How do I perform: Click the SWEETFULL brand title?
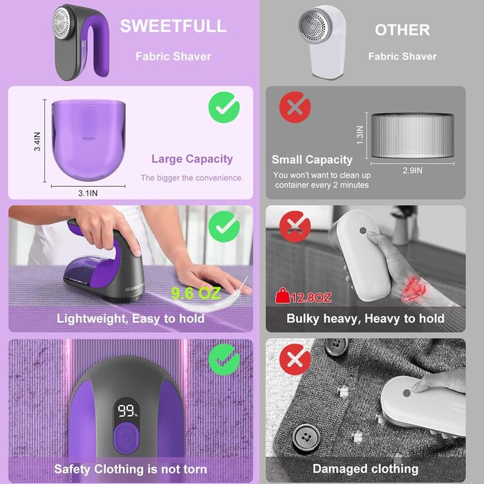pyautogui.click(x=173, y=26)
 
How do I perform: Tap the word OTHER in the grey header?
pyautogui.click(x=402, y=30)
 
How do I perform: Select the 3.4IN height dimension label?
pyautogui.click(x=37, y=141)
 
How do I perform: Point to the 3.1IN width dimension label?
pyautogui.click(x=88, y=193)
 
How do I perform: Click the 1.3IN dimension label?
pyautogui.click(x=360, y=135)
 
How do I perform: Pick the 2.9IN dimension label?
pyautogui.click(x=412, y=170)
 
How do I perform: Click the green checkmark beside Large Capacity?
pyautogui.click(x=224, y=107)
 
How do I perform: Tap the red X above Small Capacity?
pyautogui.click(x=295, y=107)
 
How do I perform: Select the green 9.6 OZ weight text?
pyautogui.click(x=196, y=293)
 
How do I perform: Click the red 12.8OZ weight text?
pyautogui.click(x=311, y=298)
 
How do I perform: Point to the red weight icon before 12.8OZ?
pyautogui.click(x=282, y=296)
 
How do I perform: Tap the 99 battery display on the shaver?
pyautogui.click(x=127, y=411)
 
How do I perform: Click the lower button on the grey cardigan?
pyautogui.click(x=306, y=438)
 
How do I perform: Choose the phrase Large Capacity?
pyautogui.click(x=192, y=159)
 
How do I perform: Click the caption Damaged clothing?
pyautogui.click(x=366, y=469)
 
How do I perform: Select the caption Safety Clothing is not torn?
pyautogui.click(x=131, y=469)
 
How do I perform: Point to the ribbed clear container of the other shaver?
pyautogui.click(x=412, y=136)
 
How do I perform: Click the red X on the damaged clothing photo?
pyautogui.click(x=295, y=360)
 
